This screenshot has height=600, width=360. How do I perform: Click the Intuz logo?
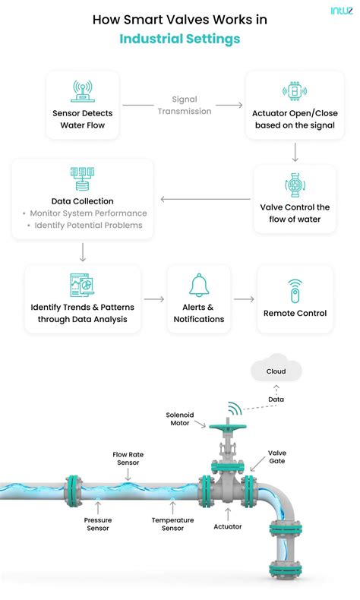(342, 11)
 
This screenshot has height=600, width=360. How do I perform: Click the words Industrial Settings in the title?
(180, 39)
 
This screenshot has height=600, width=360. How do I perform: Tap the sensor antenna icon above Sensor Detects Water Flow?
(82, 91)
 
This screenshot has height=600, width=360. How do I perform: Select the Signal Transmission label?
(185, 106)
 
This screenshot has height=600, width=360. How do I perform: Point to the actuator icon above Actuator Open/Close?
(295, 91)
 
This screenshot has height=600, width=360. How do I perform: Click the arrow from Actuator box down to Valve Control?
(295, 153)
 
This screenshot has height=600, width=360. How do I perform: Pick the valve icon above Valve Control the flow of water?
(295, 185)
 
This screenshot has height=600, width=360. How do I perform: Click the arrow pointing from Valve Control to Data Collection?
(205, 199)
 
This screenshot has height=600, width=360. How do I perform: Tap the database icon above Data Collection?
(82, 178)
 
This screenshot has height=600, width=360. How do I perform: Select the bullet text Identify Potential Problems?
(88, 226)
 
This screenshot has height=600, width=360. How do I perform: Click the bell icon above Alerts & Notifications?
(199, 285)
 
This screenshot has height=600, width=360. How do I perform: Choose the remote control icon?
(295, 290)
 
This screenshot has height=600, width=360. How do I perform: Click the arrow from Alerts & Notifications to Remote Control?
(244, 298)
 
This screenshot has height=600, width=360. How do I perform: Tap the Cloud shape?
(276, 368)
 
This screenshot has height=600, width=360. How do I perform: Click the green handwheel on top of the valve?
(228, 426)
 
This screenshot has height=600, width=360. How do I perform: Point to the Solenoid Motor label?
(180, 419)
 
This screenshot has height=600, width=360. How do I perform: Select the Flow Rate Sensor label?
(128, 459)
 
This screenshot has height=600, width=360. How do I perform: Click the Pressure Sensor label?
(98, 524)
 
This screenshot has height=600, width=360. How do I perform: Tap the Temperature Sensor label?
(172, 524)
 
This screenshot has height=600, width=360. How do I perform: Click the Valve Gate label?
(277, 457)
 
